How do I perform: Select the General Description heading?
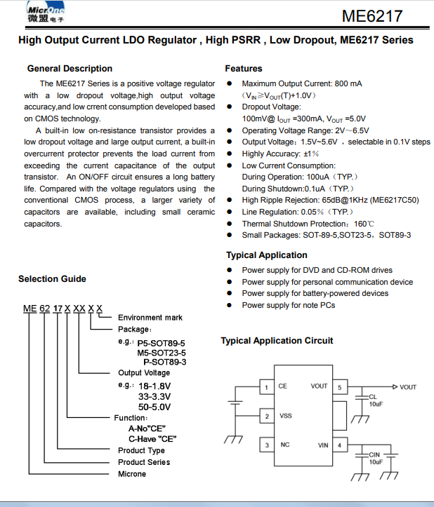(70, 69)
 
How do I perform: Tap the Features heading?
(244, 69)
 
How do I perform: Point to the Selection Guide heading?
(52, 279)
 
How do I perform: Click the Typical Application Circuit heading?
(277, 341)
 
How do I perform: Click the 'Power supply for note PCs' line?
(288, 305)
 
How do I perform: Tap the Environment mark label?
(150, 318)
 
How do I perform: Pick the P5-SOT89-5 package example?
(162, 342)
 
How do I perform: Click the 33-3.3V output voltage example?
(154, 396)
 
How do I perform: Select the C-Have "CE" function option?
(152, 439)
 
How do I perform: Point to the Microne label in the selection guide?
(132, 474)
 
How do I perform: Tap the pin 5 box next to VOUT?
(340, 387)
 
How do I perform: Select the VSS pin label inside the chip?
(286, 417)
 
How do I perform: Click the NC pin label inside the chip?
(285, 445)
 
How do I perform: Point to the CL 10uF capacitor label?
(375, 400)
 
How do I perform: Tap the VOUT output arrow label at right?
(408, 387)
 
